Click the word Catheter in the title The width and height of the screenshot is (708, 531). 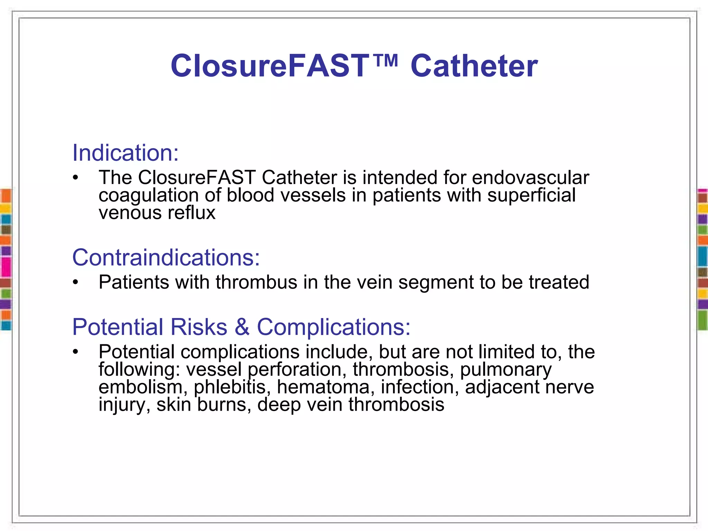point(474,66)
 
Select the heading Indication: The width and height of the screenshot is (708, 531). point(125,153)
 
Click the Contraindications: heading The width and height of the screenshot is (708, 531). point(166,258)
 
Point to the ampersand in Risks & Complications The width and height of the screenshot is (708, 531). point(242,327)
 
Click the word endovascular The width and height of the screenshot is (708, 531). point(530,178)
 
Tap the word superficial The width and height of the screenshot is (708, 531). point(531,195)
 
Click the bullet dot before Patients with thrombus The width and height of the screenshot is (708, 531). point(76,282)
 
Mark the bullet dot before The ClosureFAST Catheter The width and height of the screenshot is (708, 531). point(76,178)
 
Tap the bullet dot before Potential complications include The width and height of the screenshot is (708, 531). point(76,352)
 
